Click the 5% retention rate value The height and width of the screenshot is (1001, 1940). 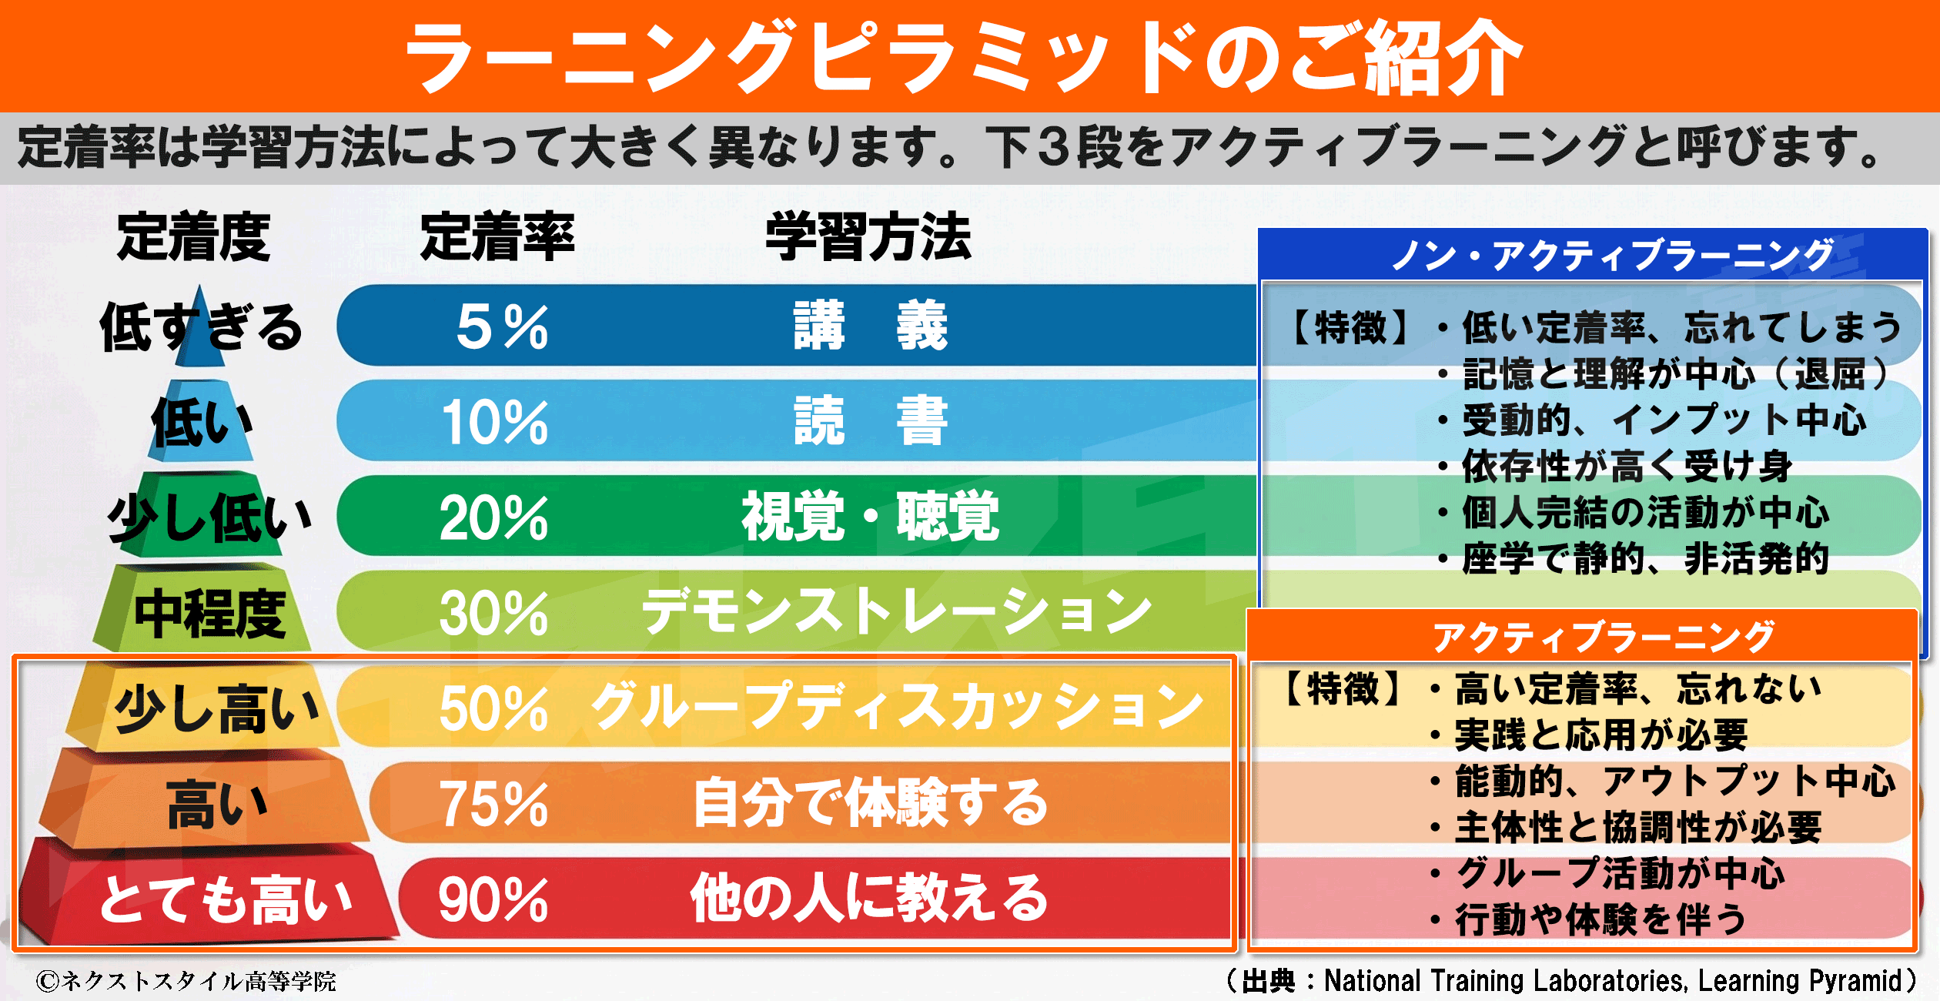click(x=502, y=326)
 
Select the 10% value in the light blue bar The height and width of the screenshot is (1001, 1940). click(x=494, y=422)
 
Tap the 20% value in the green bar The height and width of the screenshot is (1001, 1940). click(x=493, y=517)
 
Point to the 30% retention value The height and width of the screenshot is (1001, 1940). click(x=493, y=613)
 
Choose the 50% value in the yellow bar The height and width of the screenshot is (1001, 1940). click(x=493, y=708)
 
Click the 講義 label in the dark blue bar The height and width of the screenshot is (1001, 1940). click(x=871, y=326)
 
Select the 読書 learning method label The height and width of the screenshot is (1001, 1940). click(x=871, y=421)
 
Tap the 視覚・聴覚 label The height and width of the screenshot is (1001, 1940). click(x=871, y=517)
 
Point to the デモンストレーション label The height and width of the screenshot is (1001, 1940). click(x=897, y=612)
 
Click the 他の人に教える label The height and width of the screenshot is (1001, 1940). click(x=869, y=899)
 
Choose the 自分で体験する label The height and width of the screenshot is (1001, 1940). click(x=871, y=803)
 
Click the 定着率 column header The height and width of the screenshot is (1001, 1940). click(x=497, y=237)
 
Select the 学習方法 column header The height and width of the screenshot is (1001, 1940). click(x=868, y=237)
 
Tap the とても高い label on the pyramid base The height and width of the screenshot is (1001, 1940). click(x=226, y=899)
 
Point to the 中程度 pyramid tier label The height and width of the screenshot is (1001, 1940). click(x=209, y=614)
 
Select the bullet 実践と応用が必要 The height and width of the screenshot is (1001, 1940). click(x=1601, y=735)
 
